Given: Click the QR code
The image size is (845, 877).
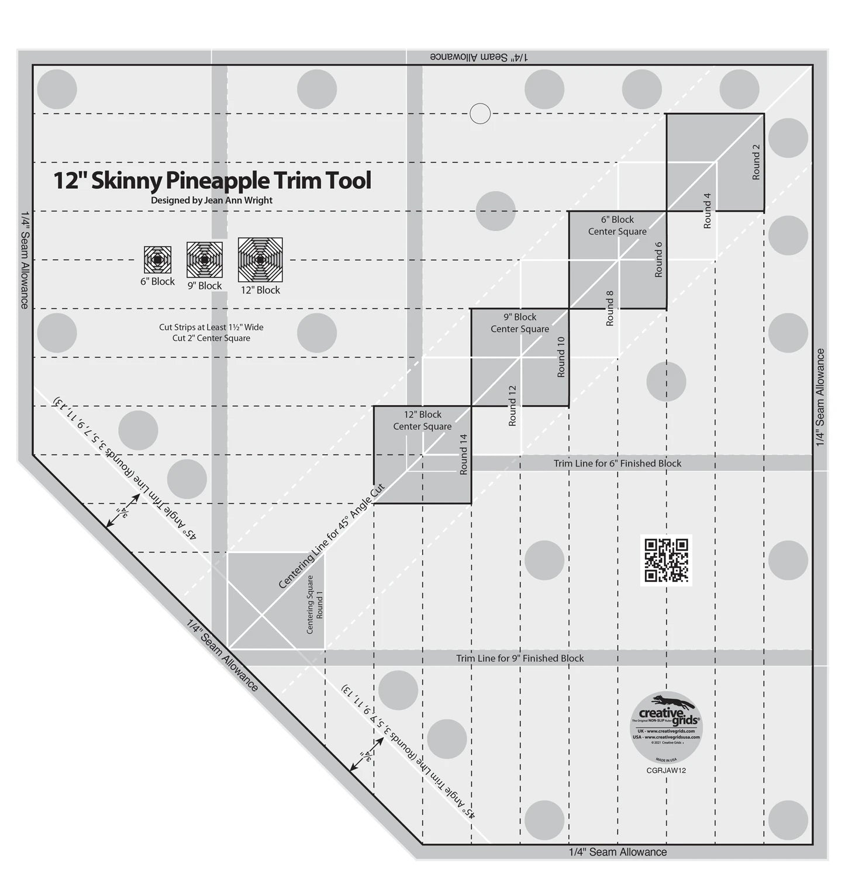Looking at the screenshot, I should (666, 561).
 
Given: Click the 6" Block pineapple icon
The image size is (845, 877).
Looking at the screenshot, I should (157, 260).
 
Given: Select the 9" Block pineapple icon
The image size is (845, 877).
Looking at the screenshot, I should (205, 260).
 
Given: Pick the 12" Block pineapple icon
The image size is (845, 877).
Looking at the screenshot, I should (260, 260).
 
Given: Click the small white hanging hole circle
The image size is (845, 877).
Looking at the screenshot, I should (480, 113).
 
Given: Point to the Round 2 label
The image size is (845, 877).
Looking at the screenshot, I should (756, 162).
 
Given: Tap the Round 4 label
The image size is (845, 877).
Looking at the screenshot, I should (707, 210).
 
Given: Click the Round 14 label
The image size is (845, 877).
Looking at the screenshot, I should (464, 454).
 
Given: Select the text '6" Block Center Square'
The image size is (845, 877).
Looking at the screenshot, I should (618, 225).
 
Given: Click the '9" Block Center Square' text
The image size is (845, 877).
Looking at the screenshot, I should (520, 323).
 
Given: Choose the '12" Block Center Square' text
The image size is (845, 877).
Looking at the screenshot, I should (422, 420).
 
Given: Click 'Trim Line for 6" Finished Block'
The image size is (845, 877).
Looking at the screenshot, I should (618, 463).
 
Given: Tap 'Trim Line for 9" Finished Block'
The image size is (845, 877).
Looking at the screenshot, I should (520, 658).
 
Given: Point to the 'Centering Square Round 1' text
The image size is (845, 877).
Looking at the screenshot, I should (315, 604).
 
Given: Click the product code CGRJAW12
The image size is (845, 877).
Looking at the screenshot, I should (666, 770).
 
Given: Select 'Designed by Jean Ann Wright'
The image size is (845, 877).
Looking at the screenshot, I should (212, 200).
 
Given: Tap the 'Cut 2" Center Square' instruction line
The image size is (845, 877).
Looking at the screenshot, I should (211, 338).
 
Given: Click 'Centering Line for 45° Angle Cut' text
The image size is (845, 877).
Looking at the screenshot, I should (331, 536).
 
